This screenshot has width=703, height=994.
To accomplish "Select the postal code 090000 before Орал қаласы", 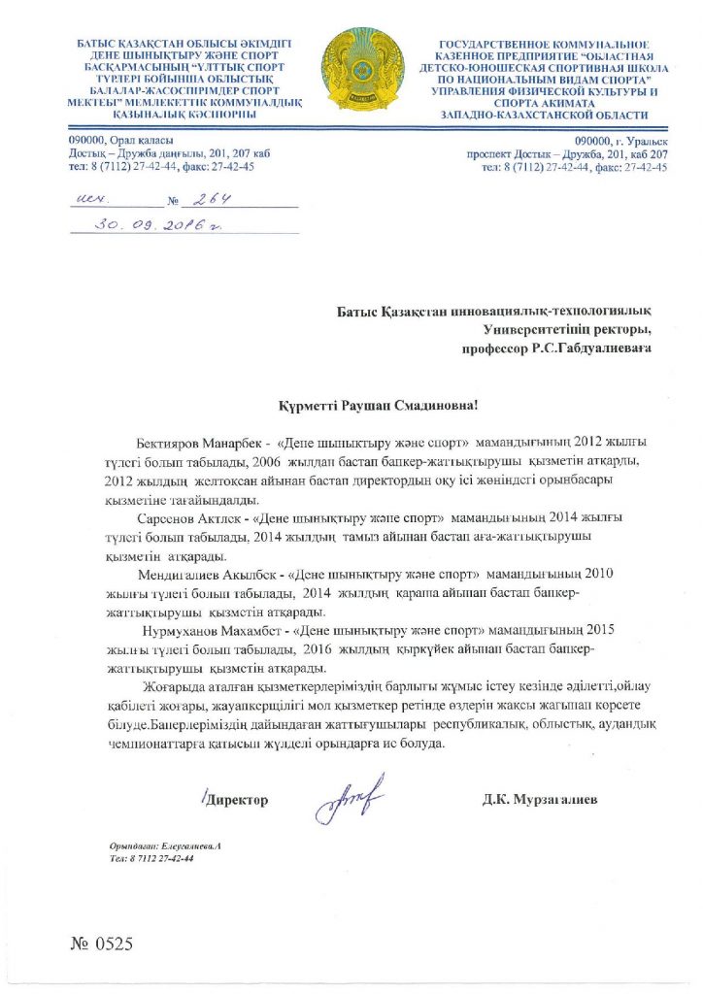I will tap(86, 142).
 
